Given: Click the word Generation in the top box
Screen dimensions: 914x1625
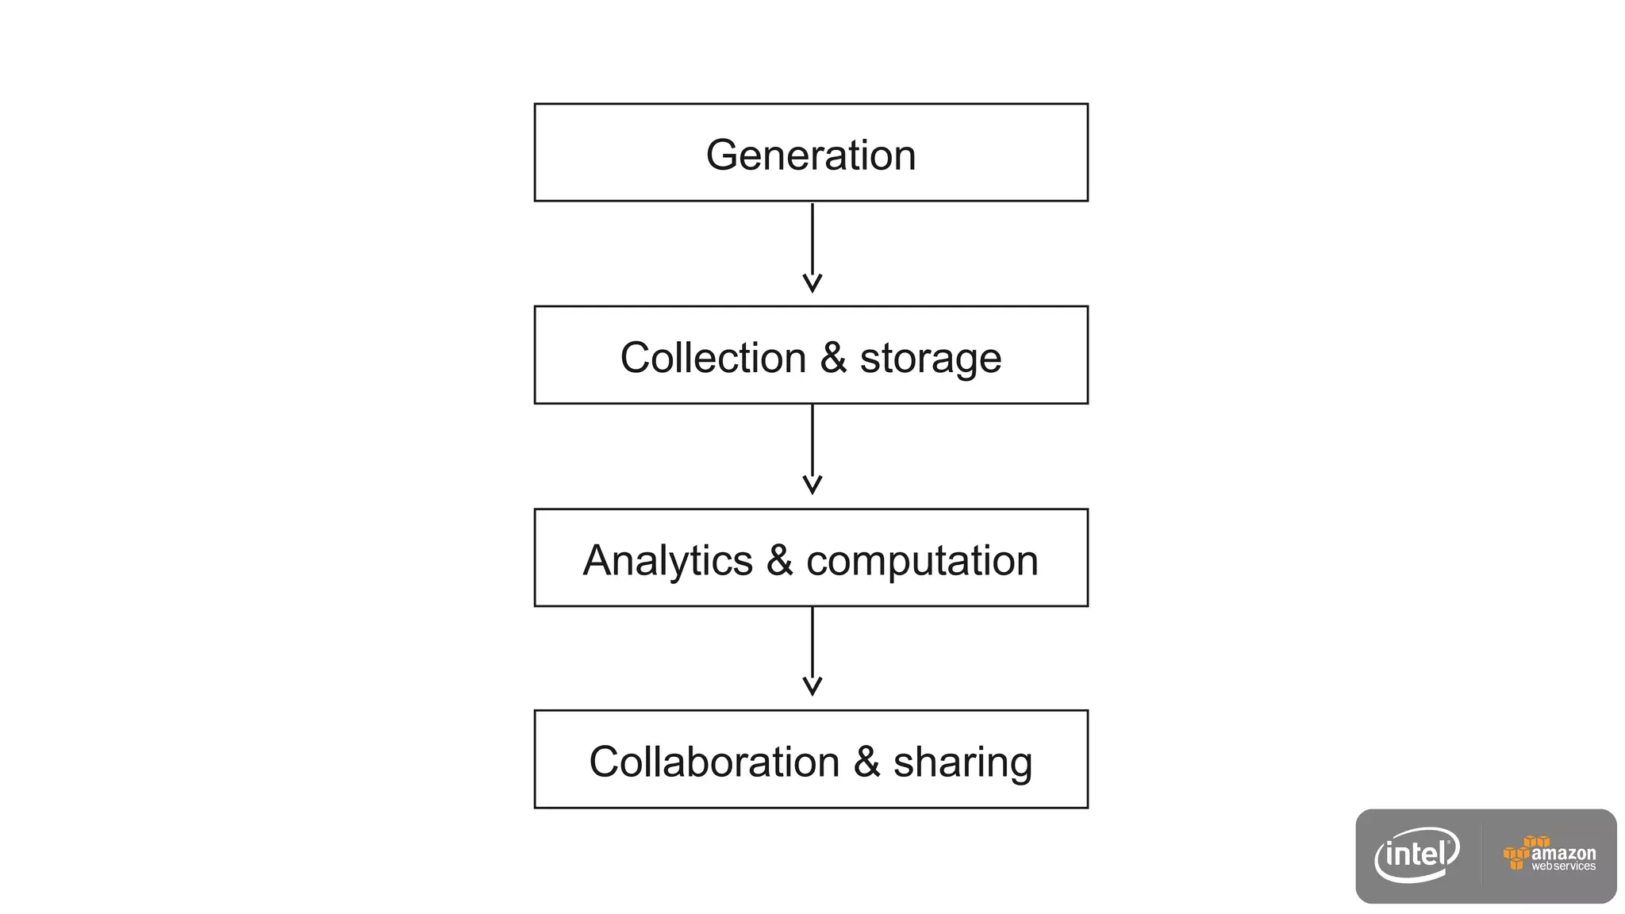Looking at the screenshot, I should click(811, 155).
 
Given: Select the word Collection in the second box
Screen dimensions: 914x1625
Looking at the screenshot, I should click(713, 358).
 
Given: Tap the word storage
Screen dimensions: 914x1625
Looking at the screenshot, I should click(930, 359).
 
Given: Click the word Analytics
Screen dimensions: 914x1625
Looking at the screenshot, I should click(667, 561).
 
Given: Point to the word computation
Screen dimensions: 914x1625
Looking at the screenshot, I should click(922, 562).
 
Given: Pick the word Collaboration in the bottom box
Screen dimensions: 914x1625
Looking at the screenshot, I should click(714, 762).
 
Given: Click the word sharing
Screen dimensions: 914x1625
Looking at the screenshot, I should click(962, 763).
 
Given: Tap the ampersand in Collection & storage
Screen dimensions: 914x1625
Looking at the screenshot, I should click(833, 358).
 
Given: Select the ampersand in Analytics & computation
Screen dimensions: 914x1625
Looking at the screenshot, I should click(779, 560).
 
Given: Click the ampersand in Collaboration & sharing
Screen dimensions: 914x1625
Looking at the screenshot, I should click(866, 762).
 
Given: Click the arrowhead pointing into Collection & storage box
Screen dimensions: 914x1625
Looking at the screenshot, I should click(812, 283).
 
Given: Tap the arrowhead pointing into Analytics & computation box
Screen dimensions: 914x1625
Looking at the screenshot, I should click(812, 485).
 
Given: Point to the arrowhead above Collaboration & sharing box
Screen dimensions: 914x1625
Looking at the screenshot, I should click(812, 686).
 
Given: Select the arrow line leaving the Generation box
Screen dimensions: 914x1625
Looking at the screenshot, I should click(812, 238).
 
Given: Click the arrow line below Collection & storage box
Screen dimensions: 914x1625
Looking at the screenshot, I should click(812, 440).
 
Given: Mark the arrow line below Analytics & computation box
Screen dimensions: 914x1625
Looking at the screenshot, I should click(812, 643).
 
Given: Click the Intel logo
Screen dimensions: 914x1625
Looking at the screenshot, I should click(1417, 854).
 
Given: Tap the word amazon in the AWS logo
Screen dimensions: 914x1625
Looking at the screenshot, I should click(1563, 853).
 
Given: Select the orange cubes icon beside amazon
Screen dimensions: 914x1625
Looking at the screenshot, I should click(1521, 852).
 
